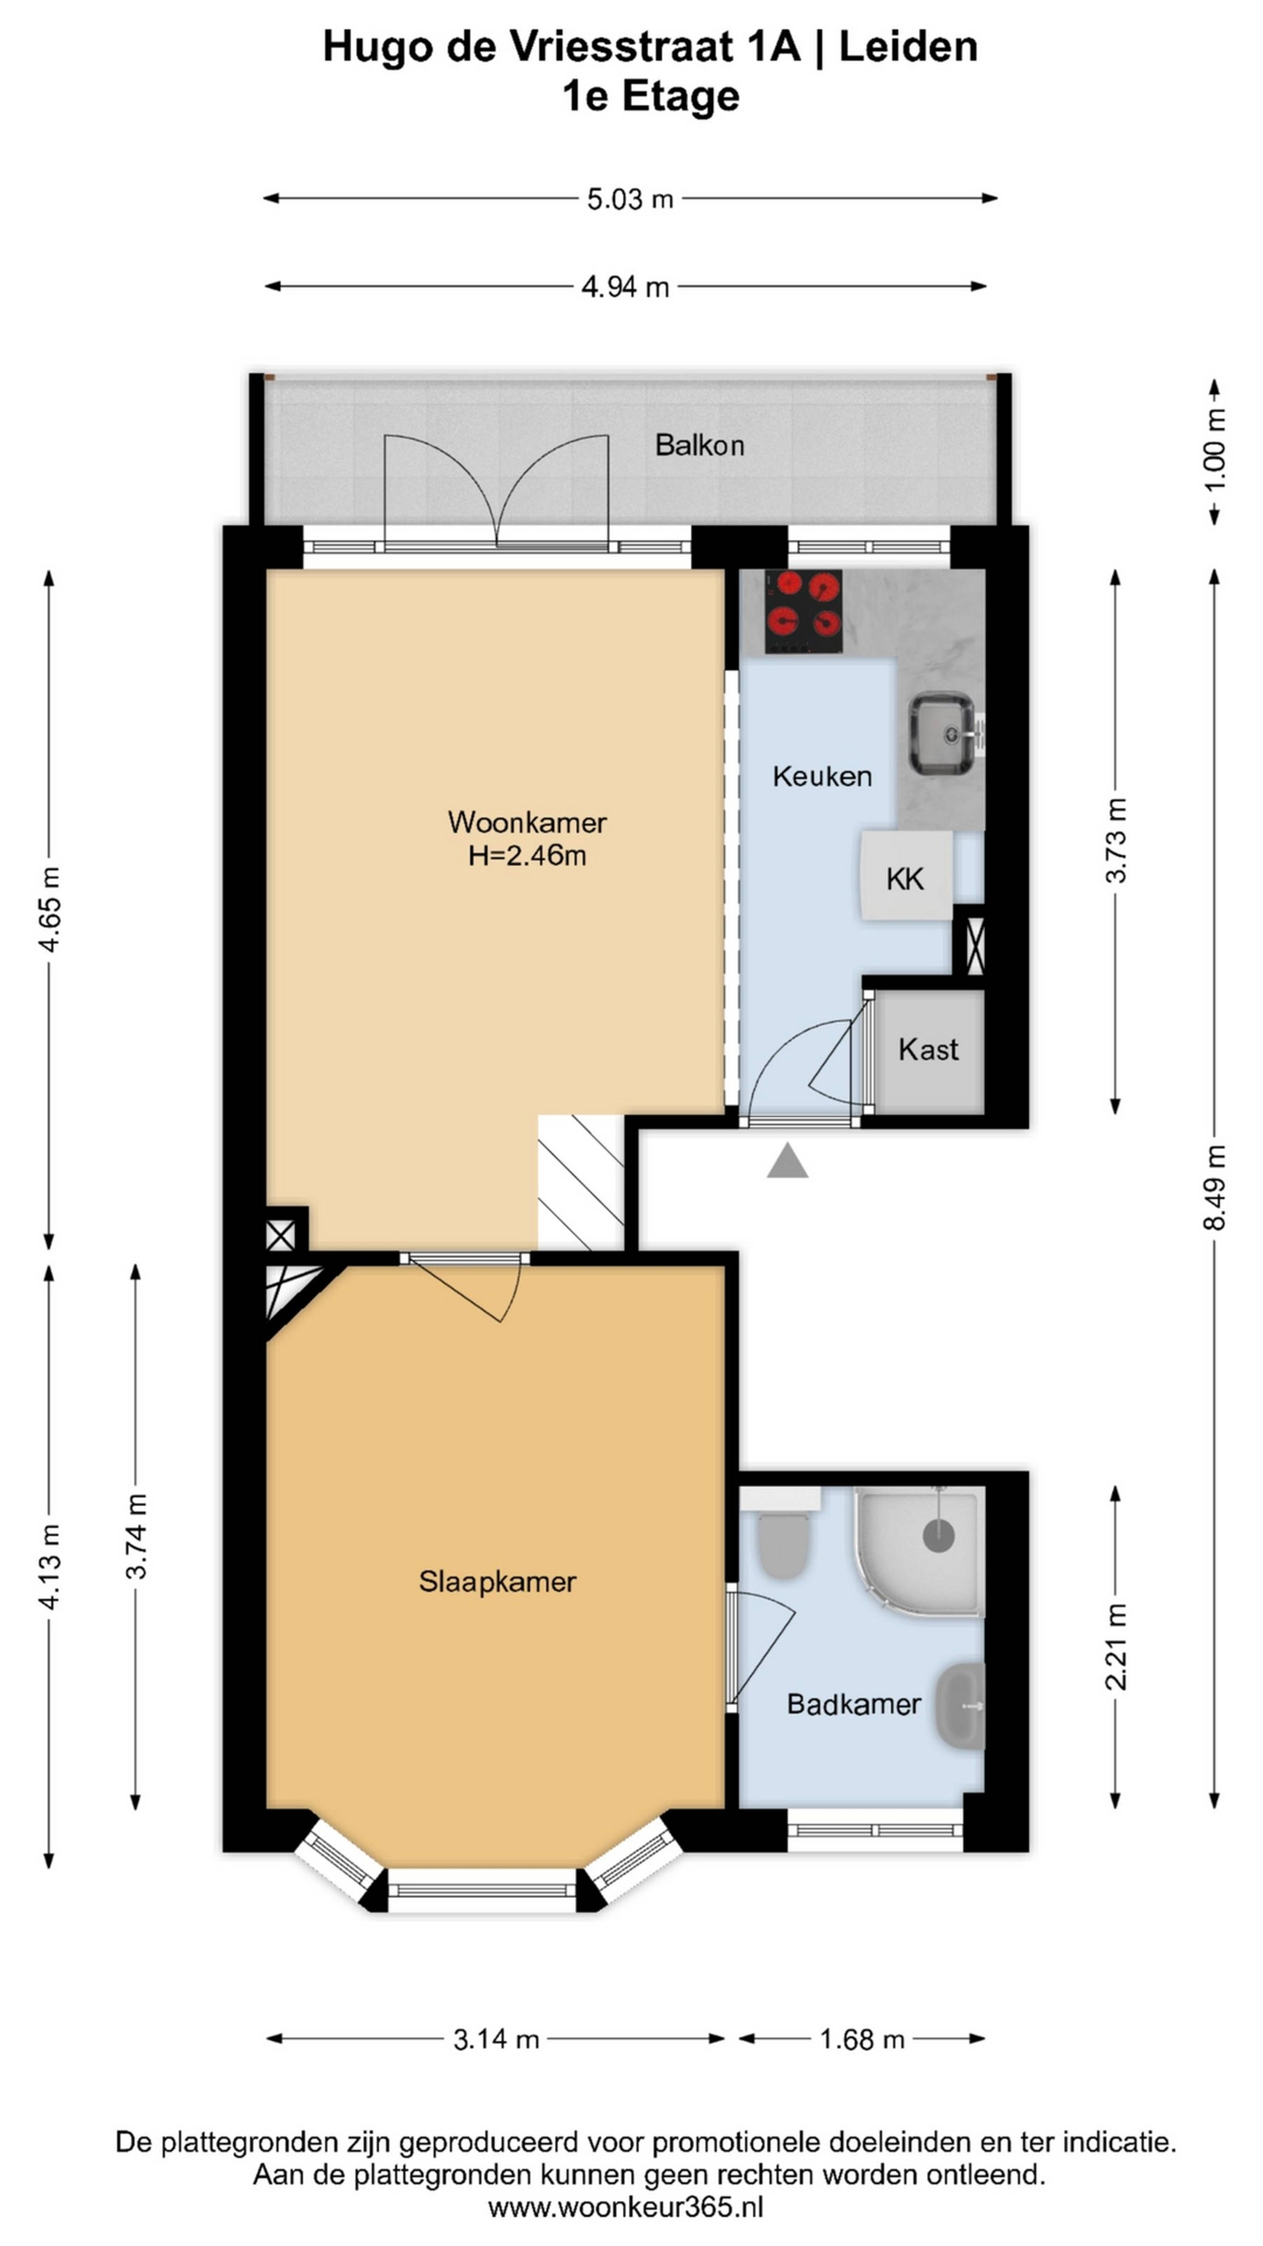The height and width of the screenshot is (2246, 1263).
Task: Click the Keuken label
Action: point(822,776)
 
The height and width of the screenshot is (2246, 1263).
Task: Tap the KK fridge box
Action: point(905,875)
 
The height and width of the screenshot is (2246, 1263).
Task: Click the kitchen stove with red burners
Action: point(804,611)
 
